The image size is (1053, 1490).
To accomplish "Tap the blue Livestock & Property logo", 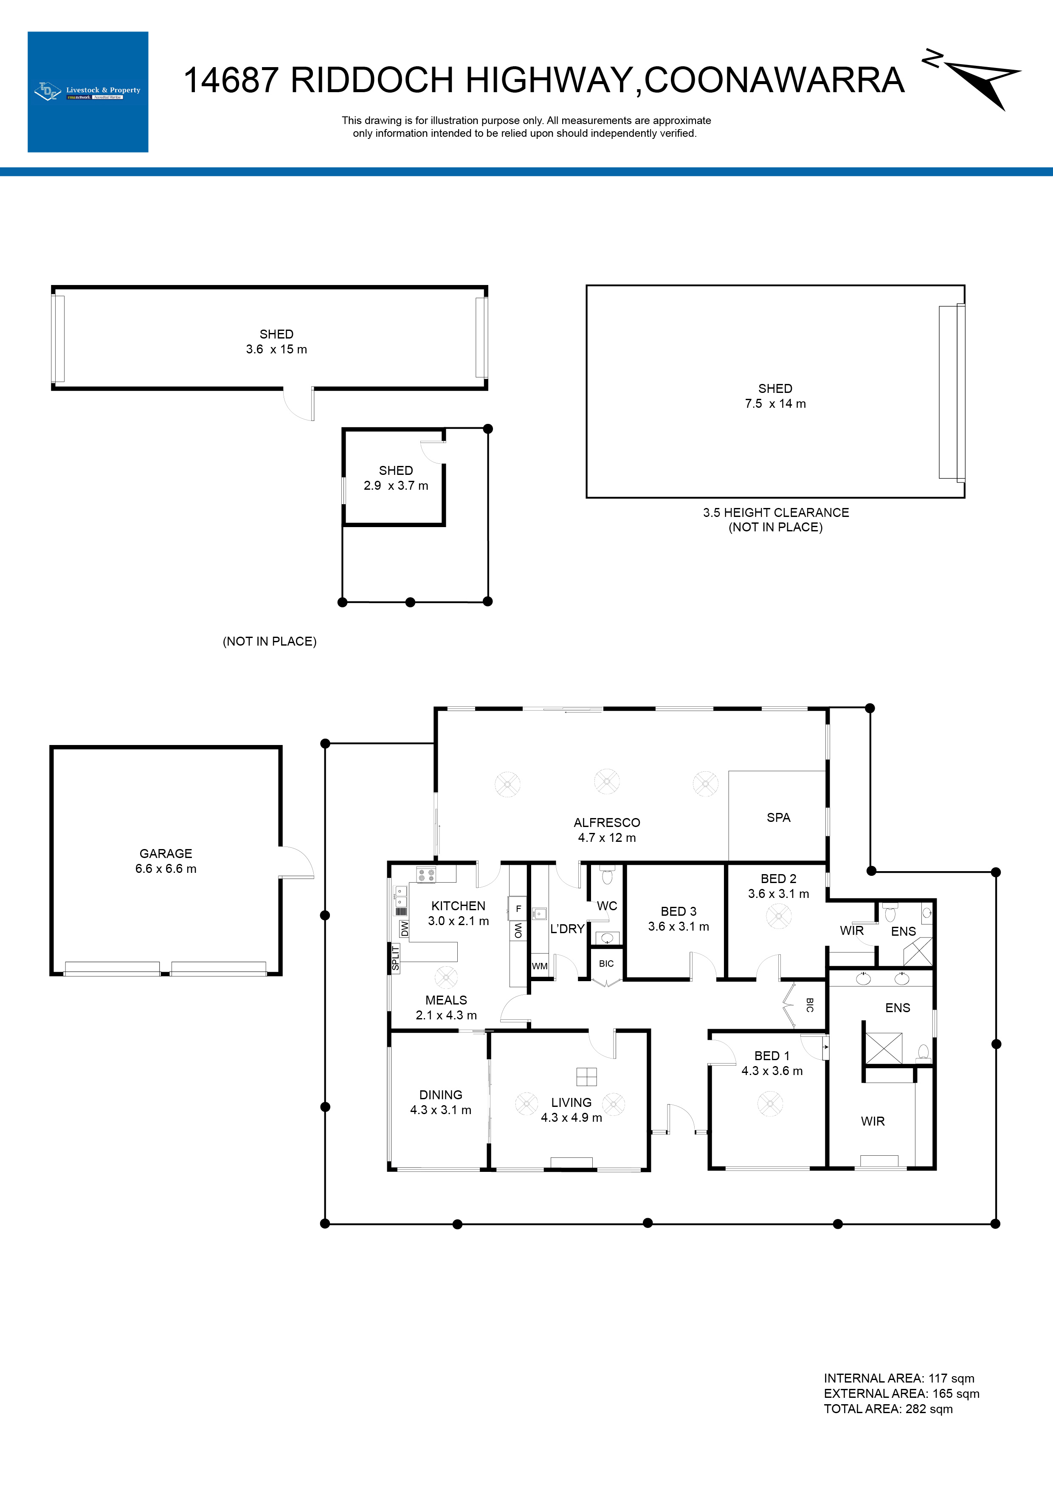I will click(x=87, y=92).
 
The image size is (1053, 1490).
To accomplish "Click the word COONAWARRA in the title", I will click(x=774, y=80).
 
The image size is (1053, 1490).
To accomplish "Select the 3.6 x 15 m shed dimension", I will click(x=276, y=349).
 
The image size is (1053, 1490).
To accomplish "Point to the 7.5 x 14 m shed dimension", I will click(x=775, y=404).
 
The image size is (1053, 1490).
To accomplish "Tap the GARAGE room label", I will click(x=166, y=853).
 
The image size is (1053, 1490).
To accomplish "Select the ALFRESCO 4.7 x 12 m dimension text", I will click(x=607, y=838).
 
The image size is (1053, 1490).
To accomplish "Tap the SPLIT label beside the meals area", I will click(x=395, y=958).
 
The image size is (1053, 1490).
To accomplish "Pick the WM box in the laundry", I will click(x=540, y=965).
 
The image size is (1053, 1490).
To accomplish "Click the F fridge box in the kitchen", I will click(x=518, y=909).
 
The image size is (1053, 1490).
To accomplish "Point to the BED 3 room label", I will click(x=678, y=911).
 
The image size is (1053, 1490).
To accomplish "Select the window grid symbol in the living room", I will click(x=586, y=1077).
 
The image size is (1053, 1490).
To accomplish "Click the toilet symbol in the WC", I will click(x=607, y=877).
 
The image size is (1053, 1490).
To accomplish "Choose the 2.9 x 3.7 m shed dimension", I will click(x=396, y=485).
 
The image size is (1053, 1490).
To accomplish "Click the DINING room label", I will click(x=441, y=1095).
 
